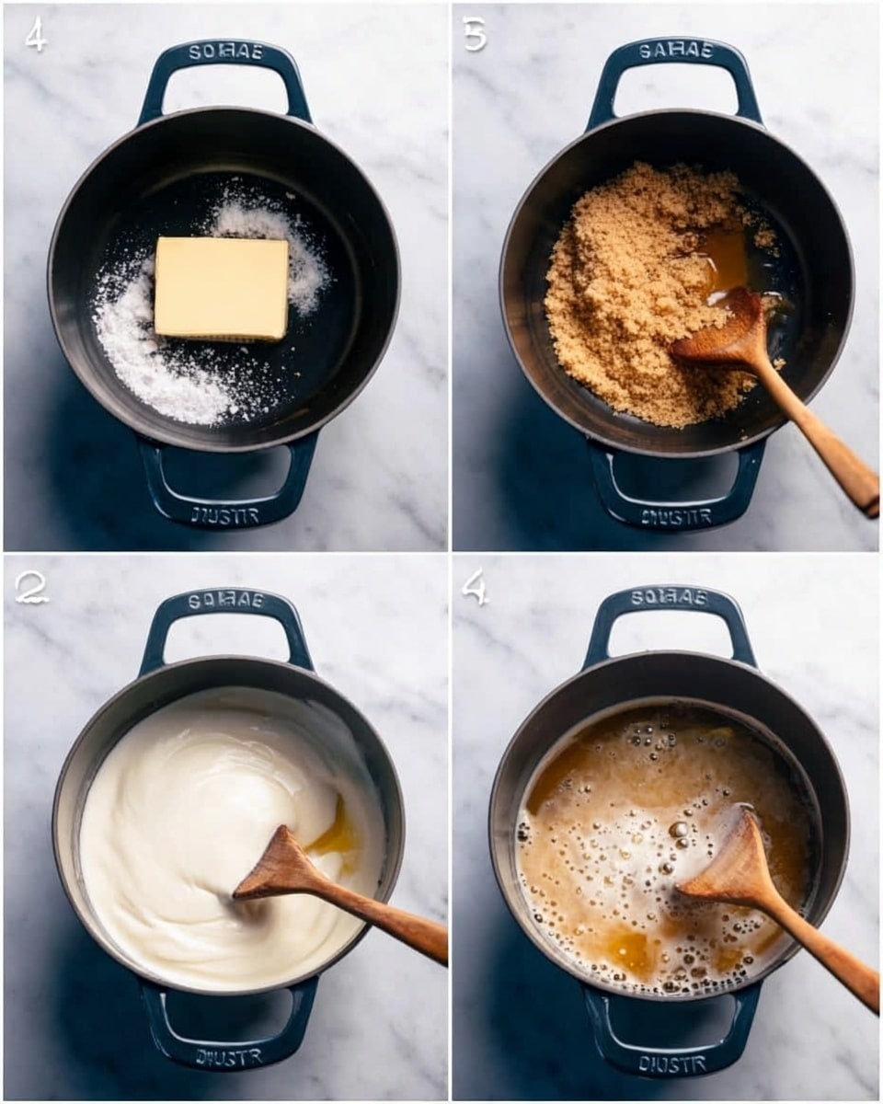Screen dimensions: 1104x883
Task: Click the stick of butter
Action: point(222,288)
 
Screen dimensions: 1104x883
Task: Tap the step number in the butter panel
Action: point(35,34)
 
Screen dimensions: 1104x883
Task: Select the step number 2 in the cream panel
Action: point(30,589)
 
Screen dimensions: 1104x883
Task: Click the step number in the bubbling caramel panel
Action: point(475,588)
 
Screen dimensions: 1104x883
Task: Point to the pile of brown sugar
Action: point(635,294)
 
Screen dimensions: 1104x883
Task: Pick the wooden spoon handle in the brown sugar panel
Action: point(819,442)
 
